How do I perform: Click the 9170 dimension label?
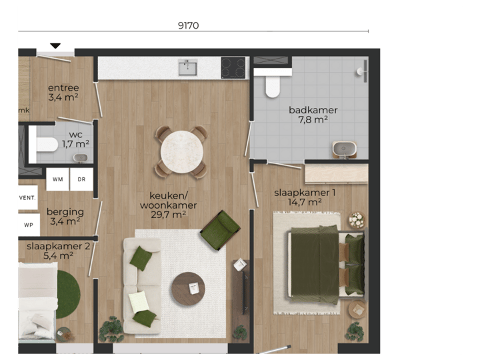point(188,26)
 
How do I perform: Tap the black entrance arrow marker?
point(55,46)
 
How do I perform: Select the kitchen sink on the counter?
point(188,67)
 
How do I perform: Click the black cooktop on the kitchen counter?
point(234,67)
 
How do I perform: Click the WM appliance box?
point(58,179)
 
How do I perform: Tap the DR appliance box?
point(81,179)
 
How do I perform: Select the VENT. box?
point(27,198)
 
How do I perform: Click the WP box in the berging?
point(28,225)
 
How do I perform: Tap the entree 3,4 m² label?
point(63,92)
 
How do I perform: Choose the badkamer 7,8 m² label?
point(313,115)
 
